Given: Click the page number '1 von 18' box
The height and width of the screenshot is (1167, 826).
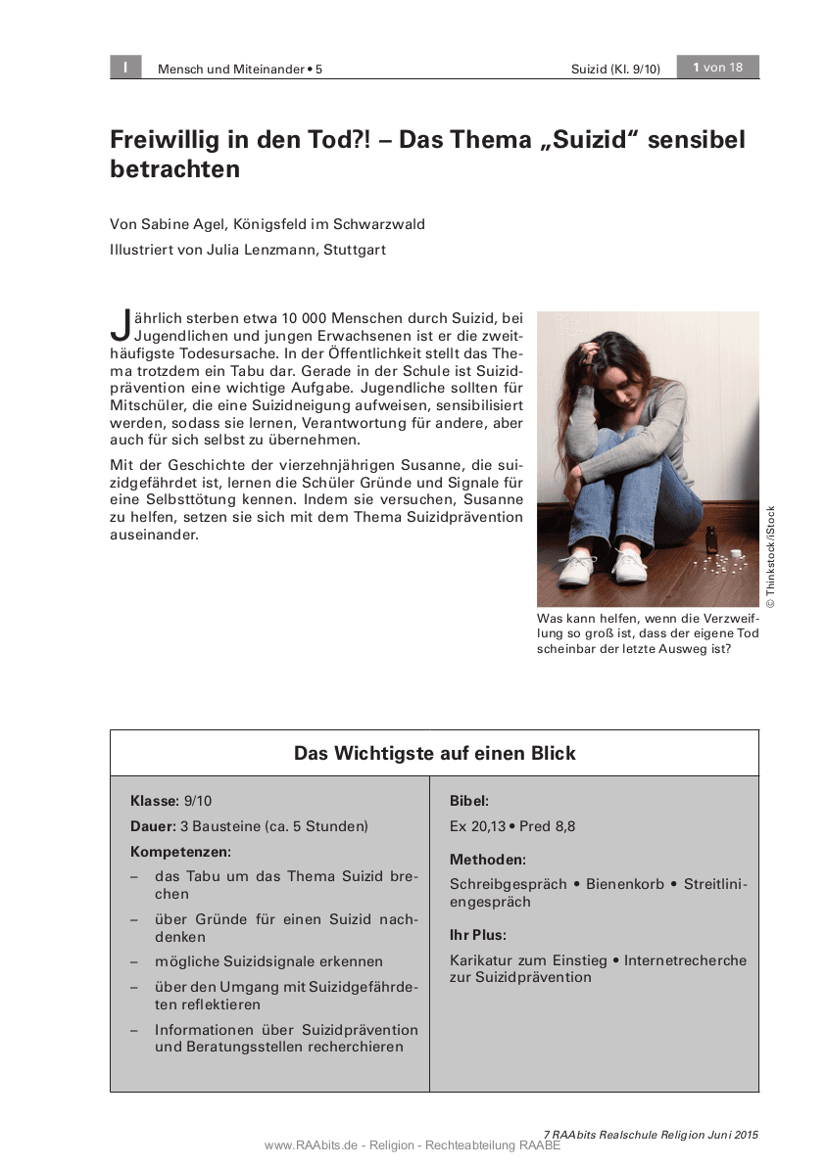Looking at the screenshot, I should pos(718,68).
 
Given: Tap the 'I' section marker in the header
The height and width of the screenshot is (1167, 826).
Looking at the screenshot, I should pos(125,68).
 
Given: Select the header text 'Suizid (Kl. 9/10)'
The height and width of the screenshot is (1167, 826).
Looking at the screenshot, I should pos(615,70).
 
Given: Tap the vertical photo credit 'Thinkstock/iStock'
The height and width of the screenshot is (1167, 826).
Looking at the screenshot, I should pos(771,556).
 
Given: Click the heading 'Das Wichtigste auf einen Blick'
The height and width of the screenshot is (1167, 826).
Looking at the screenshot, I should pos(434,754).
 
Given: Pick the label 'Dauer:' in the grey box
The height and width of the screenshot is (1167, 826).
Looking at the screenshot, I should pos(153,826).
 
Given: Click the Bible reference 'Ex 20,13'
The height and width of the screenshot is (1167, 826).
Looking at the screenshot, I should pos(477,826).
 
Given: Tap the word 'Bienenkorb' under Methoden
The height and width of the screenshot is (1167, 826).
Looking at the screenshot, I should pos(625,884).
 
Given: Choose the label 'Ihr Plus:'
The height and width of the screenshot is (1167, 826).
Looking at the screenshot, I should pos(478,935).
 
